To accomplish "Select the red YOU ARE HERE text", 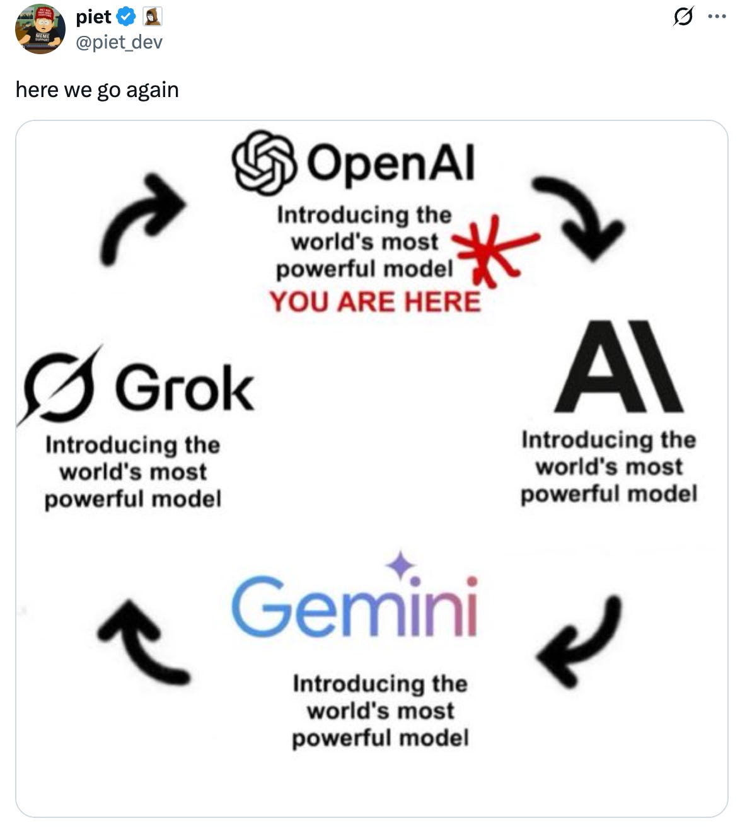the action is (375, 302).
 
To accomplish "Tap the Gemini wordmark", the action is (355, 606).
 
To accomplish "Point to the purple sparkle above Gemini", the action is (401, 565).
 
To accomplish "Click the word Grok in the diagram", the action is (184, 388).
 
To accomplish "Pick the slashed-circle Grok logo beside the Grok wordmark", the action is (61, 386).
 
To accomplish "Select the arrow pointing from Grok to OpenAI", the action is (141, 217).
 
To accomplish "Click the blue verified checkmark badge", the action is (127, 17).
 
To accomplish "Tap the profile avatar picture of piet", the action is (40, 29).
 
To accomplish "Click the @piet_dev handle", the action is (119, 42).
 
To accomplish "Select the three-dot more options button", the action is (717, 17).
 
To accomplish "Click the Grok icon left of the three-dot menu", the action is (683, 16).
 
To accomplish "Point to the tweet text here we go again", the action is (97, 89).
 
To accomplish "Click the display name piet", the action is (93, 17).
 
